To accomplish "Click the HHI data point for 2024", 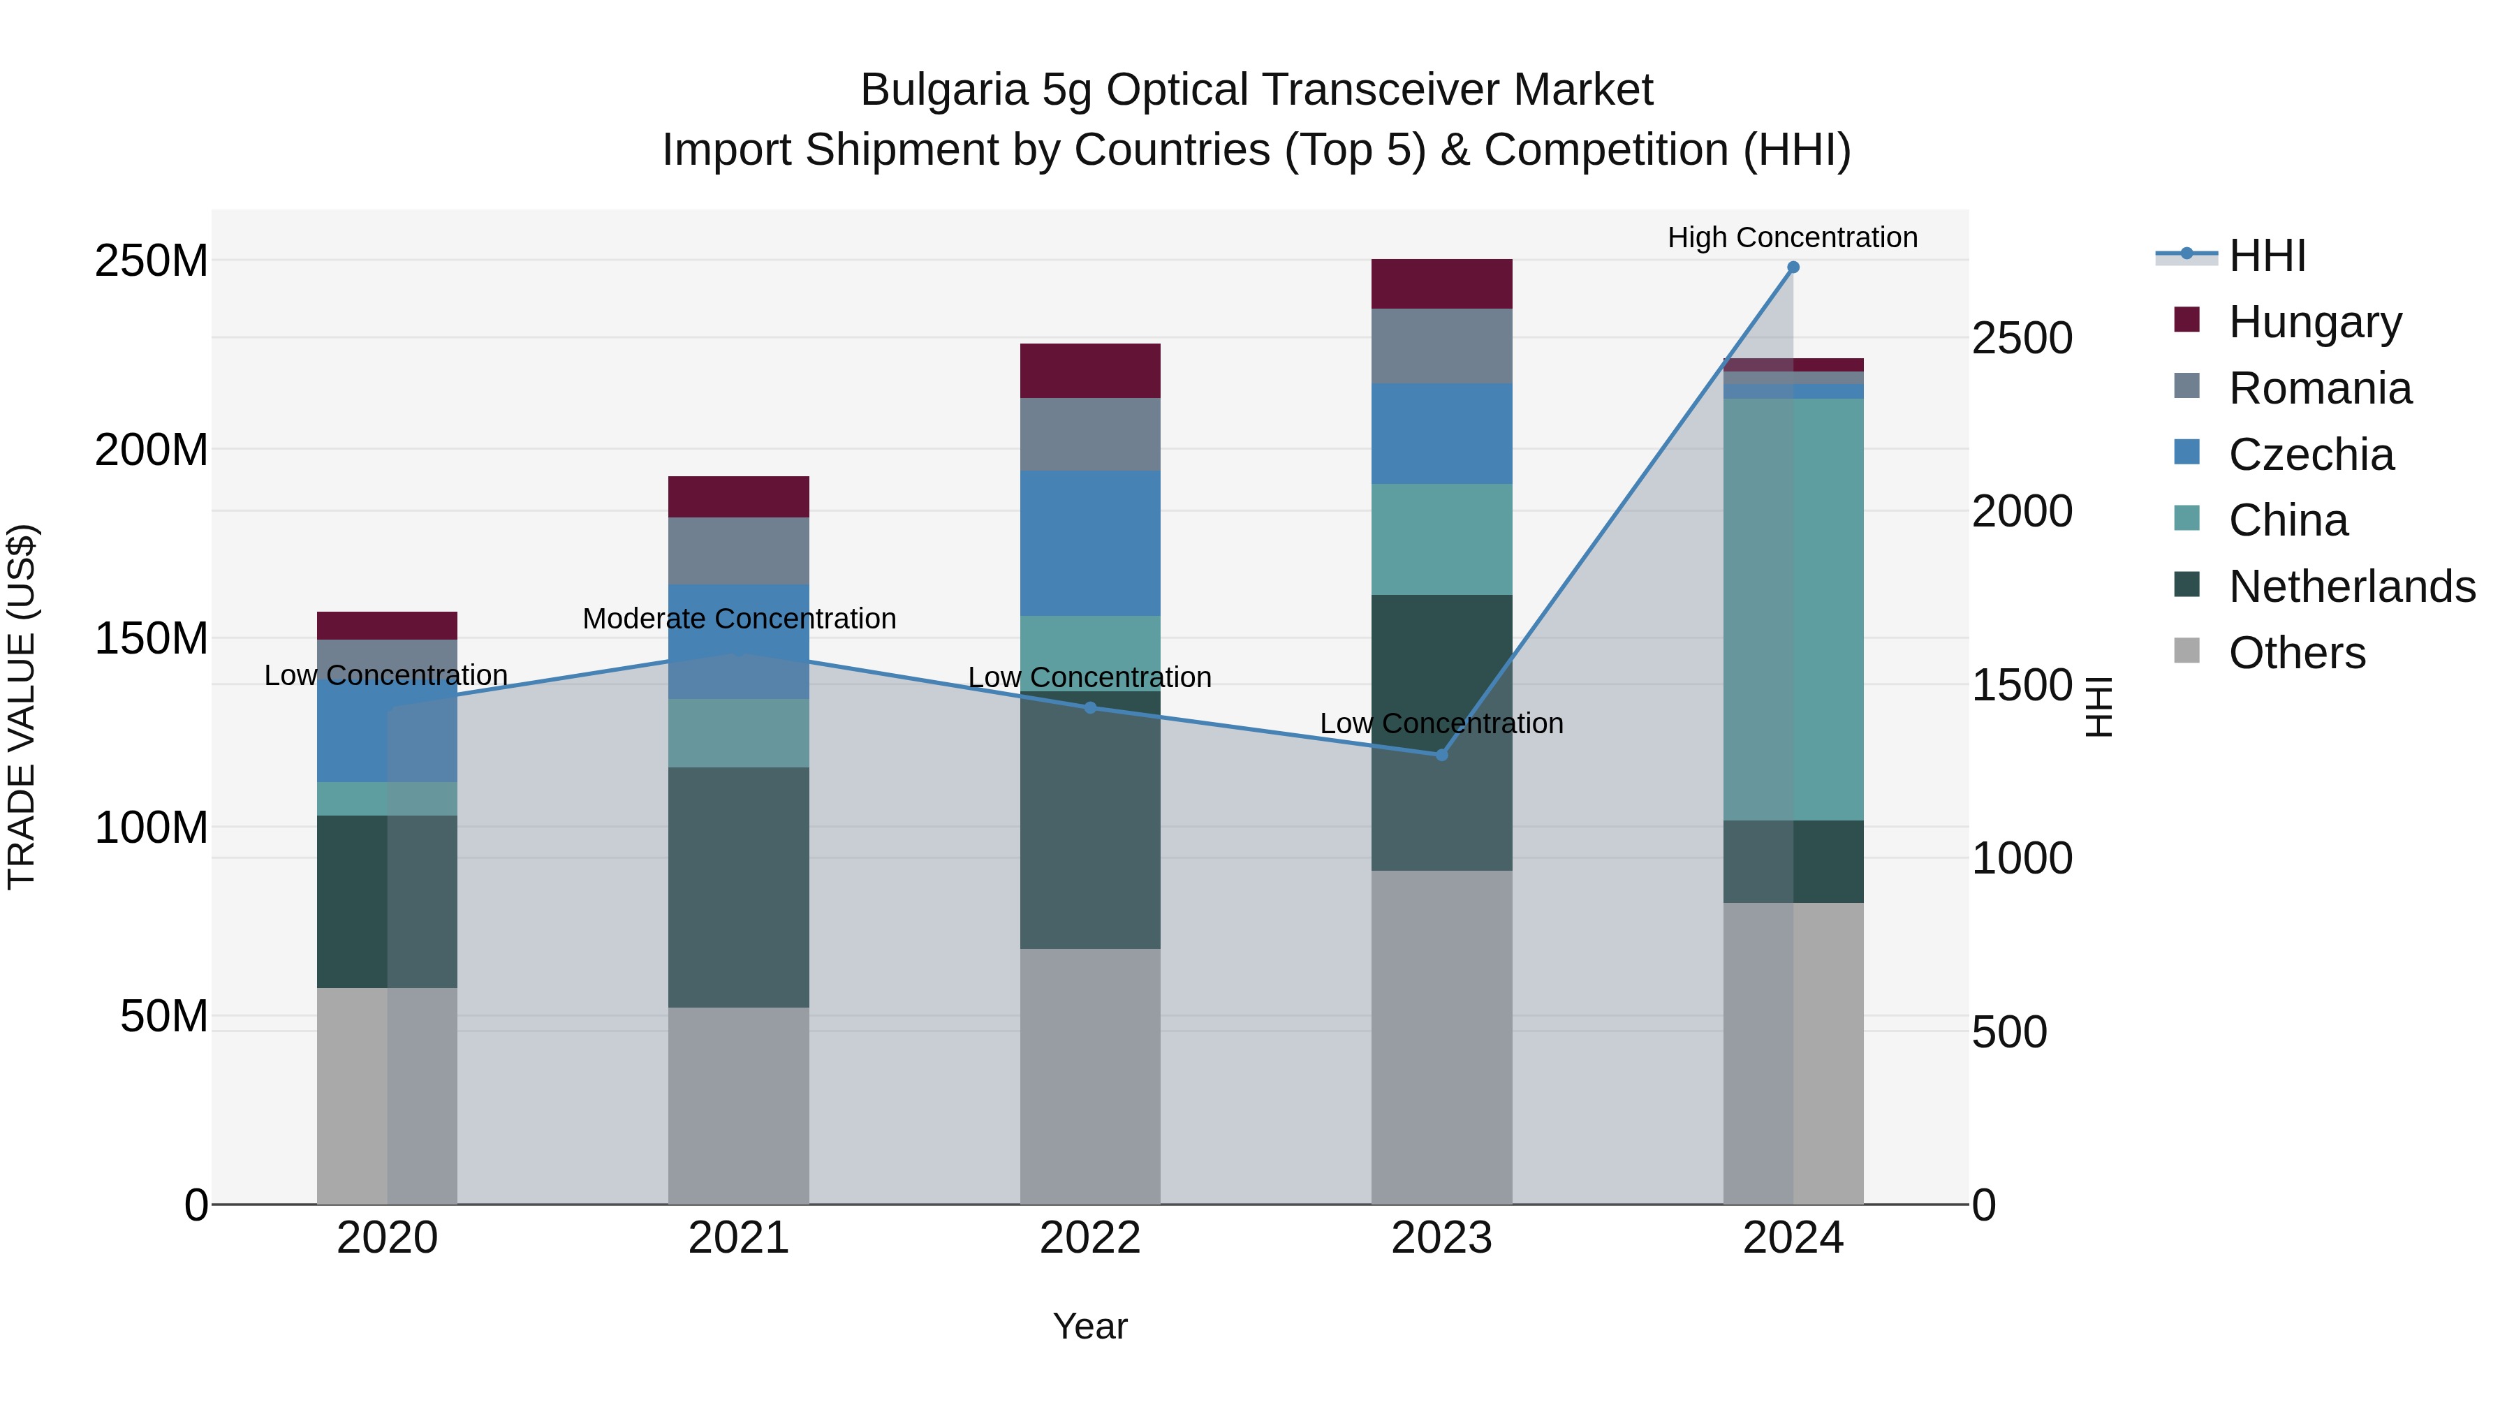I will click(x=1793, y=267).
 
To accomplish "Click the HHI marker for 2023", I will click(x=1441, y=754).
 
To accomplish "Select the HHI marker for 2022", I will click(x=1090, y=707).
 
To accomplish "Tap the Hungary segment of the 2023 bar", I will click(x=1441, y=284).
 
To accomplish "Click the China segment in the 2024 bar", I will click(x=1793, y=609).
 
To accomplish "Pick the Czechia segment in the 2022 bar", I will click(x=1090, y=543).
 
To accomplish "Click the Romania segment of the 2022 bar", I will click(x=1090, y=434).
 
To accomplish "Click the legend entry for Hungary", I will click(x=2314, y=322).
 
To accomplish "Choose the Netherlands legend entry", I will click(x=2351, y=587).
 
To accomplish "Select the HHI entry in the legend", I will click(x=2266, y=256).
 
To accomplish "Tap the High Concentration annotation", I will click(x=1792, y=237).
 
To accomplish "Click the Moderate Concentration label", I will click(x=739, y=619).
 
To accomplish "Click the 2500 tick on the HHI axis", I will click(x=2021, y=339).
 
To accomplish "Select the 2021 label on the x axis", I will click(x=739, y=1238).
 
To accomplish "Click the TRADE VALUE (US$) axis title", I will click(x=22, y=707).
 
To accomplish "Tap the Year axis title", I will click(x=1090, y=1326).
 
